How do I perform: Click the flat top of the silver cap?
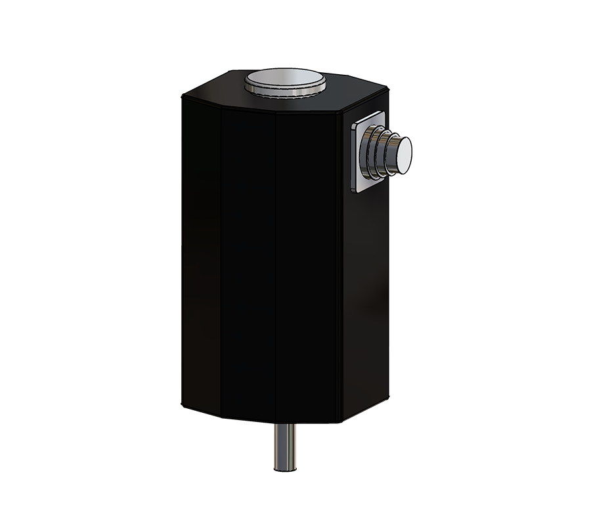(x=285, y=80)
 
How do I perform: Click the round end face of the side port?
(x=403, y=156)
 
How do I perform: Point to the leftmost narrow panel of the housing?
(x=201, y=256)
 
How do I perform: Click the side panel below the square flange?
(x=364, y=295)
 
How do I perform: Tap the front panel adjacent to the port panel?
(x=309, y=262)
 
